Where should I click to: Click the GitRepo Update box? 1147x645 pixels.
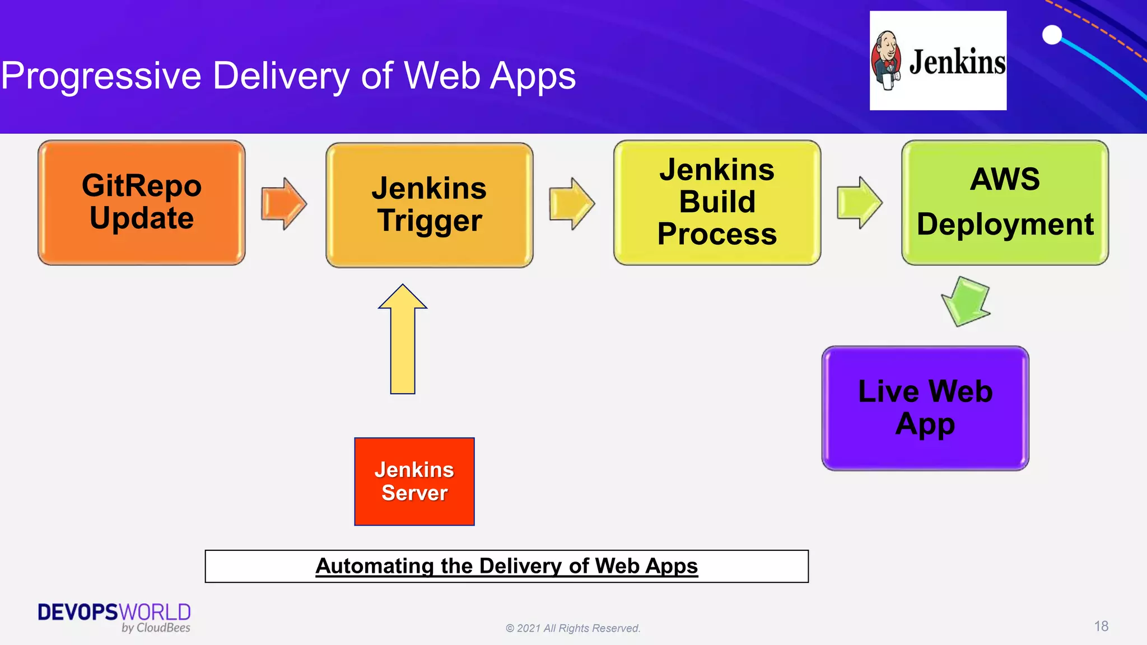click(x=142, y=203)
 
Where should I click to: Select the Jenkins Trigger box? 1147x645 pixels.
click(x=429, y=205)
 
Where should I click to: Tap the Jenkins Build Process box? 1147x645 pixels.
click(x=717, y=203)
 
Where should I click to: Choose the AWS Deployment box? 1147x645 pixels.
click(x=1005, y=203)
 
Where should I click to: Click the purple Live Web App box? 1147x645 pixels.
click(x=925, y=408)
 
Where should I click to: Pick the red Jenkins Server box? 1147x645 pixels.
click(x=414, y=482)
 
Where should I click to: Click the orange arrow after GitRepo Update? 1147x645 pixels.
click(x=283, y=204)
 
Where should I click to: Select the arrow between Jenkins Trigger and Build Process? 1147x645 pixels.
click(x=571, y=204)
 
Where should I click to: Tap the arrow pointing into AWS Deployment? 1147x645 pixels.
click(x=859, y=203)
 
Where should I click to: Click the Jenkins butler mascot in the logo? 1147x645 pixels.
click(x=887, y=60)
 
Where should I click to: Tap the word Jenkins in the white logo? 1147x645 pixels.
click(x=957, y=62)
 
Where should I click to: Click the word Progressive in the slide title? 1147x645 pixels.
click(x=101, y=76)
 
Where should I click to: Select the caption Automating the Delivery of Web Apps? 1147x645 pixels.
click(x=506, y=566)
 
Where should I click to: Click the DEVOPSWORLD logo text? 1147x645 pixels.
click(x=114, y=612)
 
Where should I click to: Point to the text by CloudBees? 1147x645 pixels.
click(x=156, y=628)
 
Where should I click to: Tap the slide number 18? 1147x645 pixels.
click(x=1101, y=626)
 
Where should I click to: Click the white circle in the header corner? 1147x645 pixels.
click(x=1052, y=35)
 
